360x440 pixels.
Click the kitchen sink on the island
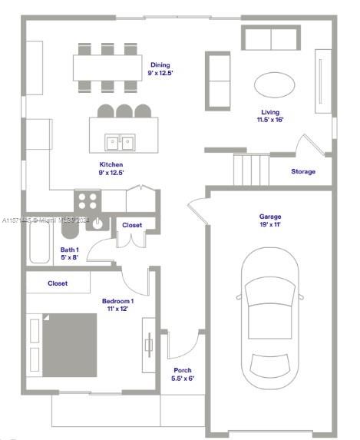click(x=120, y=142)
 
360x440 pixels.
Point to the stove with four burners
click(x=88, y=201)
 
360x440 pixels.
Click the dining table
click(x=108, y=68)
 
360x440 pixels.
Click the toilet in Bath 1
click(x=69, y=228)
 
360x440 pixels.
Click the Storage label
click(x=302, y=171)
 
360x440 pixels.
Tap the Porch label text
click(x=182, y=370)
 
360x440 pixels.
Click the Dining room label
click(x=160, y=65)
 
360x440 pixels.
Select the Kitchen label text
click(x=111, y=164)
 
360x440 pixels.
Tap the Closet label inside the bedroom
click(x=58, y=283)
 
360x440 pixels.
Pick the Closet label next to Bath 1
click(x=132, y=225)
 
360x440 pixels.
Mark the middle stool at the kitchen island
click(x=125, y=111)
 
